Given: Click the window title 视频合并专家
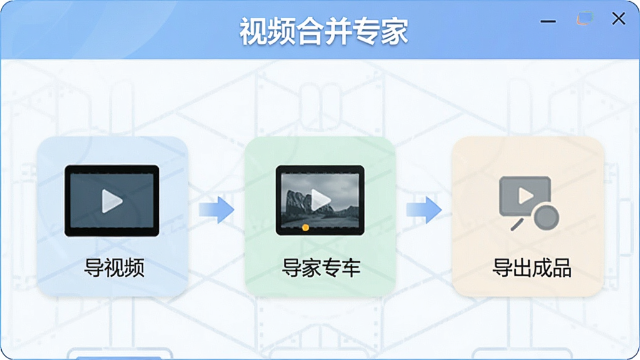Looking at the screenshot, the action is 323,31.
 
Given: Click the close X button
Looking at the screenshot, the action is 618,18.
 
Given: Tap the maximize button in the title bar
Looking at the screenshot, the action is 585,18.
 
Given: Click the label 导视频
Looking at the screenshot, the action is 114,267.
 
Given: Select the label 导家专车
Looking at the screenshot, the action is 321,267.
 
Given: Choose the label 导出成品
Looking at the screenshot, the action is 531,267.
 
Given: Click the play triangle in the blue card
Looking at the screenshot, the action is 112,201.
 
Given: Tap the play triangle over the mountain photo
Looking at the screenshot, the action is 321,199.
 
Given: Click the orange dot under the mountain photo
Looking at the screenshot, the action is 305,227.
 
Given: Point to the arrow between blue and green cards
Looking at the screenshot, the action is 216,210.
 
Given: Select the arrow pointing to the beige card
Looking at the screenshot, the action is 424,210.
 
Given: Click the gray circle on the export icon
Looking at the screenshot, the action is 546,217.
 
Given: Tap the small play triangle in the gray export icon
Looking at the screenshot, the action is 525,196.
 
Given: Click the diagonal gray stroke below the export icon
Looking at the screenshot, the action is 517,224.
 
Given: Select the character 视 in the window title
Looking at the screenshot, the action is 253,31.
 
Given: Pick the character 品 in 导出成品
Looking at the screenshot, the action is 561,267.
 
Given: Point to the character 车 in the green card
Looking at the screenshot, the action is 351,267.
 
